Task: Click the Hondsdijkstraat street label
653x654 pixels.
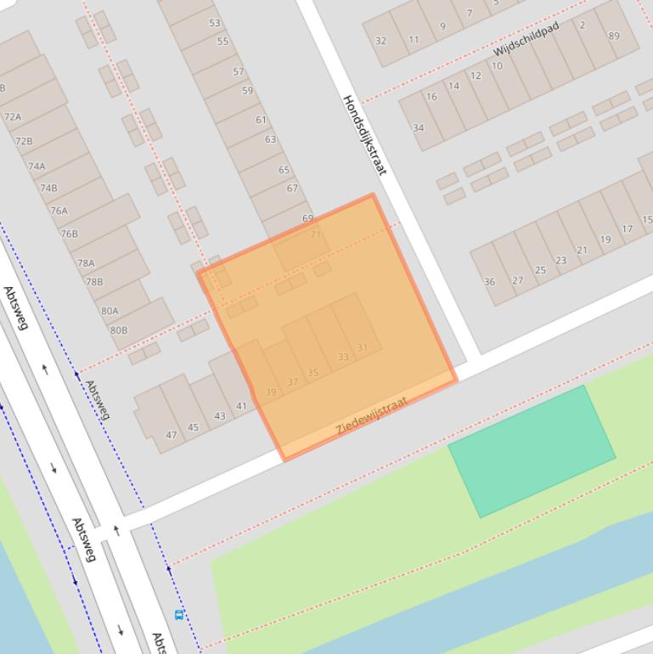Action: [x=364, y=134]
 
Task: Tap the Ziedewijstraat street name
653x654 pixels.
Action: [x=372, y=416]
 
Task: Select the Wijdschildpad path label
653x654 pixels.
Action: [x=526, y=39]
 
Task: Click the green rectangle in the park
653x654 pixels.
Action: [x=532, y=450]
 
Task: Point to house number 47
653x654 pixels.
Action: [x=172, y=435]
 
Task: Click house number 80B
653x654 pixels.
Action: [x=119, y=330]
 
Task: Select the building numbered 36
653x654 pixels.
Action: [x=489, y=282]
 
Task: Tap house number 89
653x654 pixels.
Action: [x=614, y=36]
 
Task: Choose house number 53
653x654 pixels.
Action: [x=215, y=23]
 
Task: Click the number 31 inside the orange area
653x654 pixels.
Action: [x=363, y=347]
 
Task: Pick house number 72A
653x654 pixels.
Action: [x=13, y=117]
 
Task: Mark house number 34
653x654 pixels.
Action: [x=419, y=128]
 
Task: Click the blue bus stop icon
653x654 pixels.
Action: [x=178, y=615]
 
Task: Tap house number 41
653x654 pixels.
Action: [x=241, y=406]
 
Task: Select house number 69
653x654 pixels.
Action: [x=307, y=218]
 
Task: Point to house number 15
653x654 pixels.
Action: [x=647, y=219]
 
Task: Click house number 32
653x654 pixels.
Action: [x=380, y=41]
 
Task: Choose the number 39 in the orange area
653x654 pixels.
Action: [x=271, y=392]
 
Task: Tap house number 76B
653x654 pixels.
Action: [x=69, y=234]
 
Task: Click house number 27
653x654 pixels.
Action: [x=517, y=280]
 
